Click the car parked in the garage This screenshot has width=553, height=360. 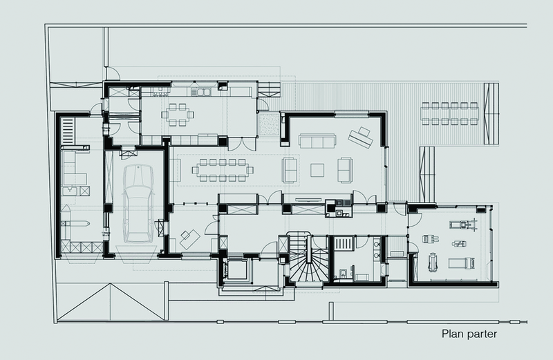138,203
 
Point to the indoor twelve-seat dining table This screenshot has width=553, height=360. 223,170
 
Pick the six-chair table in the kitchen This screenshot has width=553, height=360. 178,115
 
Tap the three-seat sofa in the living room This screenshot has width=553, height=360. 317,141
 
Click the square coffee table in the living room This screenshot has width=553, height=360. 317,170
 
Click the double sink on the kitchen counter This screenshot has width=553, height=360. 200,92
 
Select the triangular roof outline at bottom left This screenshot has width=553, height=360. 111,302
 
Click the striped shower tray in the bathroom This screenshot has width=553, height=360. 344,243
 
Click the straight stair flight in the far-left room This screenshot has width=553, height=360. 68,131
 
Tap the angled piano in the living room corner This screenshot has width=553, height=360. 361,138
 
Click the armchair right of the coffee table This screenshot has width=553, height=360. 345,170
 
